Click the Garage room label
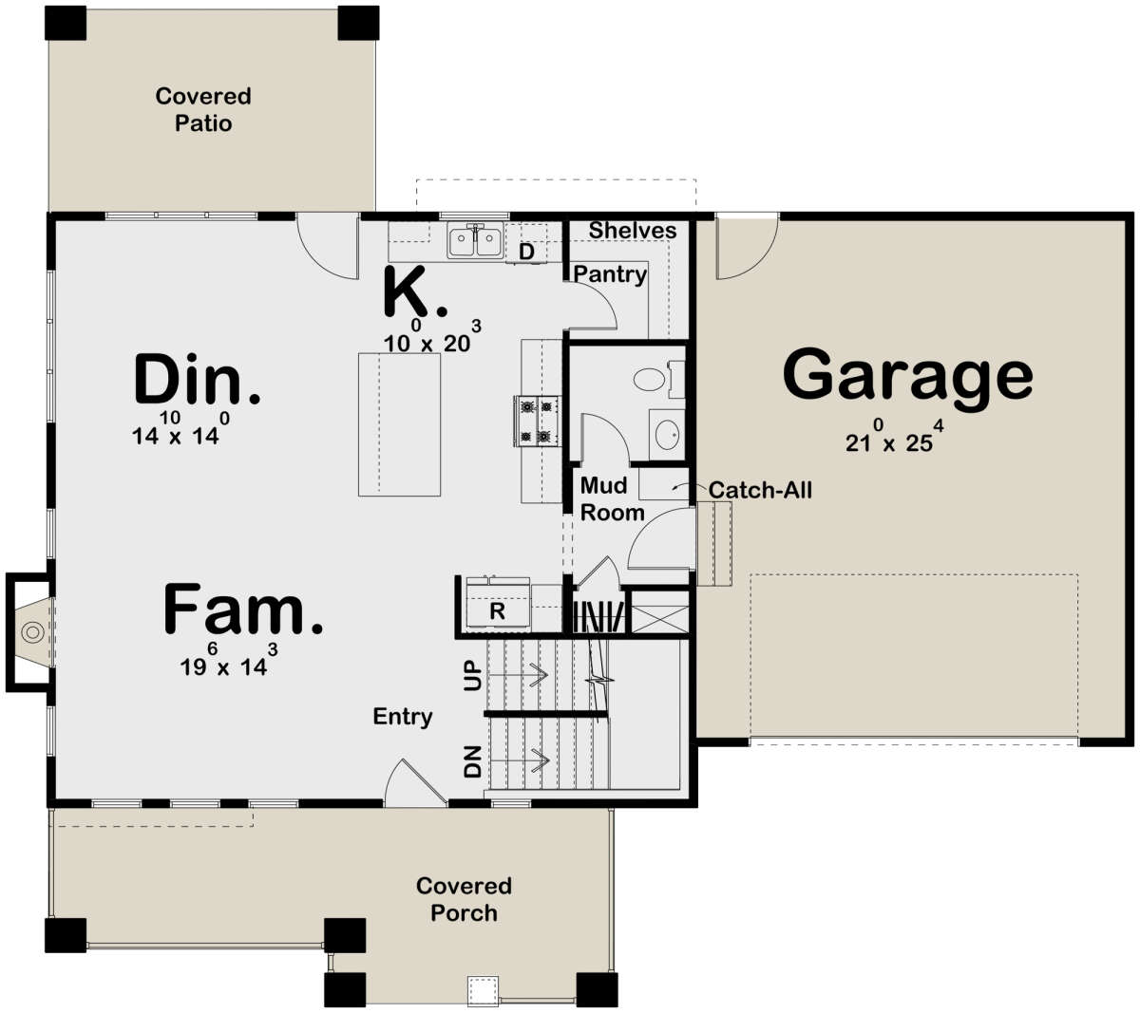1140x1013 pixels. (907, 375)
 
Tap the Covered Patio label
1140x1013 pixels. (203, 109)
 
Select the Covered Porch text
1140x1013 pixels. (464, 899)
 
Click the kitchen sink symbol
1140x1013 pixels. (476, 241)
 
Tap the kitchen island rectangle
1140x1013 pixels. (399, 423)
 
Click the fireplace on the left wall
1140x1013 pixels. (30, 630)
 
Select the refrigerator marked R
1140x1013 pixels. (497, 612)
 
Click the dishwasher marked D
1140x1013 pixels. (526, 252)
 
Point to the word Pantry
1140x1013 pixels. (610, 274)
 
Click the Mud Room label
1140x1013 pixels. (612, 499)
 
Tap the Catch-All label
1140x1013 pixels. (760, 490)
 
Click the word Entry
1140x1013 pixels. (403, 717)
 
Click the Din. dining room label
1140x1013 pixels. (197, 380)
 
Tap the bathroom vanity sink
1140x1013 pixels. (665, 435)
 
